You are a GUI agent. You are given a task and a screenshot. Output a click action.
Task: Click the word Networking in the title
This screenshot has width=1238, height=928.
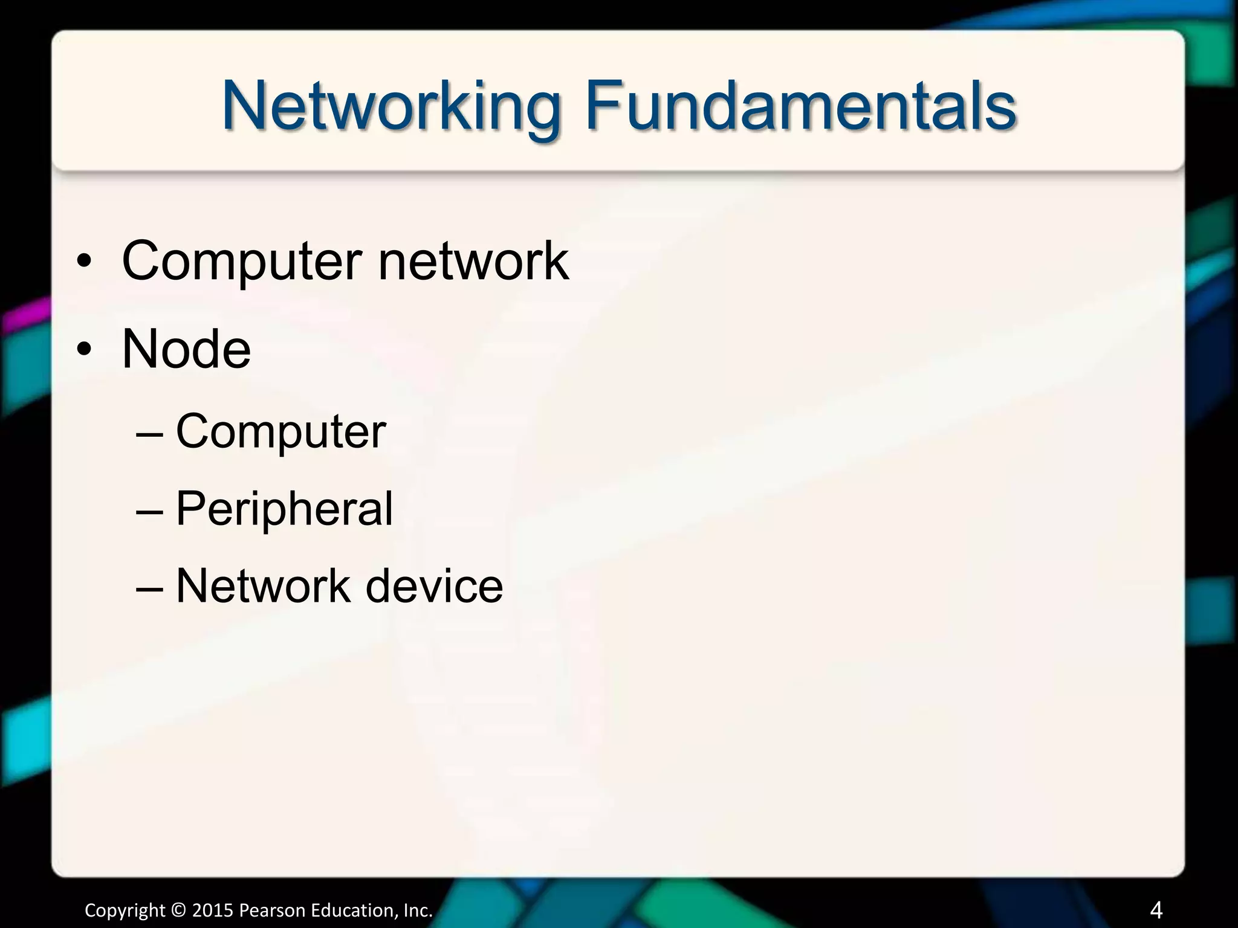[x=390, y=108]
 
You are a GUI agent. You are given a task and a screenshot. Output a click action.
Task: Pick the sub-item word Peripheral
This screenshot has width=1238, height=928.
[x=284, y=509]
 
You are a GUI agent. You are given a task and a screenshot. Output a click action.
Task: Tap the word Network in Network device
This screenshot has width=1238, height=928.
[x=263, y=585]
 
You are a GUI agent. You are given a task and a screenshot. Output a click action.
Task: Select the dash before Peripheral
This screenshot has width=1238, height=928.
[x=150, y=511]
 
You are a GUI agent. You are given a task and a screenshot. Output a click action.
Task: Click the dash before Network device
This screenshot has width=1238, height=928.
[x=150, y=588]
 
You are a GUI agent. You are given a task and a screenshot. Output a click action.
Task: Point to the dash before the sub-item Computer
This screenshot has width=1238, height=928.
[x=150, y=434]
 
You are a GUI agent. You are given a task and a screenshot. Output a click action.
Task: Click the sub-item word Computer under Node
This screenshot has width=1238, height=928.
[x=280, y=433]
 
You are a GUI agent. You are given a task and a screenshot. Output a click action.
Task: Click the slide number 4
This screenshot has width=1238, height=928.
[x=1156, y=909]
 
